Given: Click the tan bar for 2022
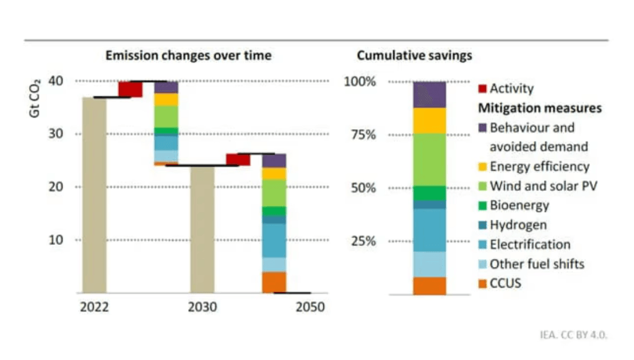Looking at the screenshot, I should point(94,195).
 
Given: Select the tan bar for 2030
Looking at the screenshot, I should point(202,229).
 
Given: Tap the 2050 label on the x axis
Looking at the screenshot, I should point(310,307).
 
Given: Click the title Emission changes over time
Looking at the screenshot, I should point(188,55).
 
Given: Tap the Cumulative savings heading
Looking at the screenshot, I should point(414,55).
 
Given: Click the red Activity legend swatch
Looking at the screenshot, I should point(482,89).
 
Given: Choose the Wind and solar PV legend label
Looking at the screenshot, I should point(542,186).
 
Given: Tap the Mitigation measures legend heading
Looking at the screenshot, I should point(539,108).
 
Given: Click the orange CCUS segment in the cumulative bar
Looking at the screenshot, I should point(430,286).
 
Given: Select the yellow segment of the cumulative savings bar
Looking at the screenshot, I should point(430,121).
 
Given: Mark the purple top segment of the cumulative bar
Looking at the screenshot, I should point(430,94).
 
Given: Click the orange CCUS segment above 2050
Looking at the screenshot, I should point(274,282).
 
